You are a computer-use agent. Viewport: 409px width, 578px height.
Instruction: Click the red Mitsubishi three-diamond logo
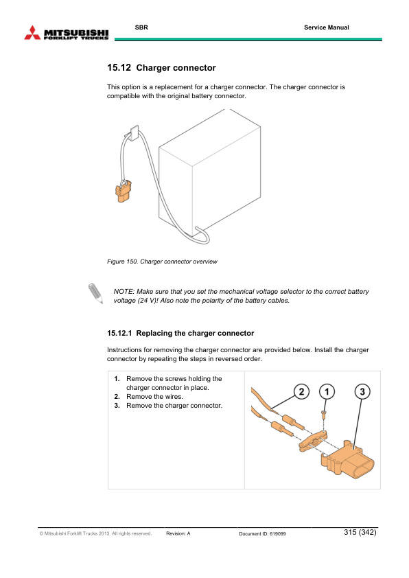point(32,33)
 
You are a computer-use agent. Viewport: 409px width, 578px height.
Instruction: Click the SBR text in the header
point(141,27)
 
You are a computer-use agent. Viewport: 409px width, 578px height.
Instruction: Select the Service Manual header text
point(327,27)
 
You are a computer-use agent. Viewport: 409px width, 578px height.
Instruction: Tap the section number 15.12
point(119,68)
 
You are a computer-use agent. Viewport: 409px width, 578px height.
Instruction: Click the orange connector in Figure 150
point(123,192)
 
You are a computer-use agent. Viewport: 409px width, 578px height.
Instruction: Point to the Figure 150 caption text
point(162,262)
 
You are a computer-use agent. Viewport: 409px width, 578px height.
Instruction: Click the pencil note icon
point(95,293)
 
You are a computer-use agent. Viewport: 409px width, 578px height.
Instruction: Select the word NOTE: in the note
point(124,292)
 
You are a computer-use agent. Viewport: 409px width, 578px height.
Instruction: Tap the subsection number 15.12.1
point(119,333)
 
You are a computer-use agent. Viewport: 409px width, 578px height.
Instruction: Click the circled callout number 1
point(327,391)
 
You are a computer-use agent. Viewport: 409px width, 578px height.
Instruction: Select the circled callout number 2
point(301,391)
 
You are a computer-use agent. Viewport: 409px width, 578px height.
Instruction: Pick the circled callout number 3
point(362,391)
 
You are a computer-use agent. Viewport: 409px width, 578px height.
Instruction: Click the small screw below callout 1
point(324,414)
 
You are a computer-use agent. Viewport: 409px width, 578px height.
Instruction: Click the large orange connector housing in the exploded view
point(347,459)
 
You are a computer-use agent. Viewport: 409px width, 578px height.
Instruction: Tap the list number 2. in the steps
point(117,397)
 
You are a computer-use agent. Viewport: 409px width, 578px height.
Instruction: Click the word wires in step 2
point(173,397)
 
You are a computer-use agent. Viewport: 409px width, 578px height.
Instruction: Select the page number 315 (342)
point(360,532)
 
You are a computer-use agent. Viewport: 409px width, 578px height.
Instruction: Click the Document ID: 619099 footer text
point(262,533)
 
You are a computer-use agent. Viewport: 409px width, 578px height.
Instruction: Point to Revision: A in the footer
point(178,533)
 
